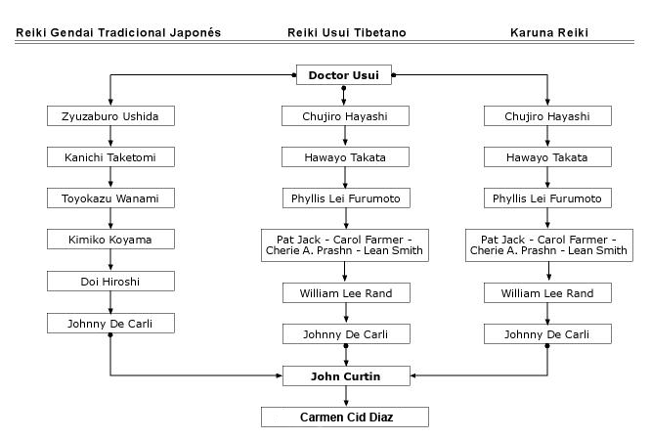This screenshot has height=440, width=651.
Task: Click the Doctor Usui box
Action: tap(344, 74)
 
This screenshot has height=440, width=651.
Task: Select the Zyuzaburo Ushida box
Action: tap(110, 116)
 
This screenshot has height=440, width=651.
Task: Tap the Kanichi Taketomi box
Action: tap(110, 157)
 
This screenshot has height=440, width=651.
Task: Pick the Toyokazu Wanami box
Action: tap(110, 198)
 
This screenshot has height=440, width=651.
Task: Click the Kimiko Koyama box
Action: tap(110, 240)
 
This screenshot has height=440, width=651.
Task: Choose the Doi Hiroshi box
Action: tap(110, 282)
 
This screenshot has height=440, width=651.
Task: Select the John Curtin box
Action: tap(346, 376)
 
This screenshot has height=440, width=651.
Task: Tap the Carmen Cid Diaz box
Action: tap(345, 417)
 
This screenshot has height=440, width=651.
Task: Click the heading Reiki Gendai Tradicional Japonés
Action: tap(118, 33)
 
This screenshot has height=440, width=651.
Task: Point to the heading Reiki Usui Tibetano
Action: tap(347, 33)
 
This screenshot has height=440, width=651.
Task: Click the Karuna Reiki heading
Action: tap(549, 33)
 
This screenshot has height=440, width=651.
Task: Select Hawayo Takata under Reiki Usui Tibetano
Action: tap(345, 157)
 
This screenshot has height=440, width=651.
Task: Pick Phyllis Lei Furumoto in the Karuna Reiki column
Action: tap(547, 198)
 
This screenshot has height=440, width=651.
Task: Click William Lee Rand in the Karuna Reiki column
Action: tap(547, 293)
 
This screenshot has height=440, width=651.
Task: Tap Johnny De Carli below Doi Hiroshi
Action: tap(110, 324)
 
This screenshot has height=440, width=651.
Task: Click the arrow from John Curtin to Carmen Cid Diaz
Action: tap(346, 396)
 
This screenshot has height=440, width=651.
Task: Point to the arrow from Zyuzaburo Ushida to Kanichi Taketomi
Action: tap(110, 136)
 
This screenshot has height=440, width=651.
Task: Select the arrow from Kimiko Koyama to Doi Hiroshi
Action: tap(110, 260)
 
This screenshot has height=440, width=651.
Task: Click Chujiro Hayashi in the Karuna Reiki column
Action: tap(547, 116)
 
